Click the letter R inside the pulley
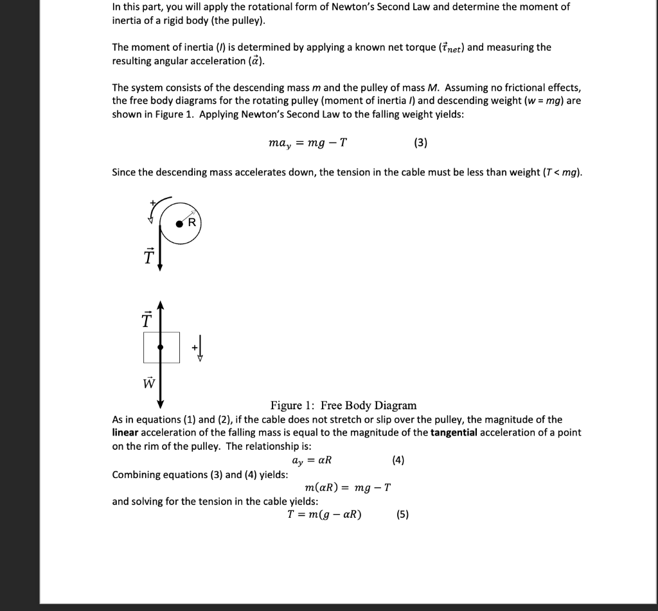pos(191,223)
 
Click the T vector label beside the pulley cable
pos(149,256)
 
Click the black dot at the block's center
pos(161,347)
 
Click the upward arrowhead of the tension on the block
pos(161,304)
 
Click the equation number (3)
pos(420,143)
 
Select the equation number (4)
pos(398,460)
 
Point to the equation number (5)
pos(402,514)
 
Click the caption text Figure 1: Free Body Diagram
pos(343,405)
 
